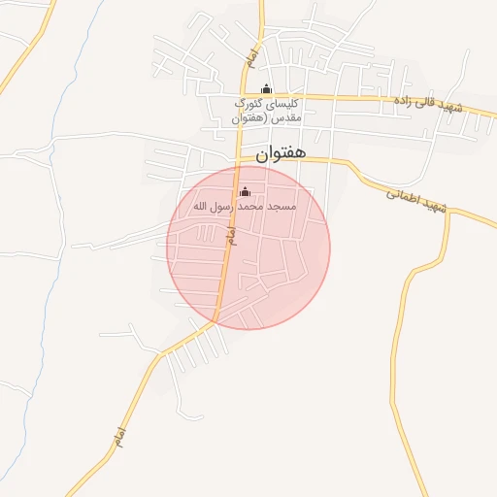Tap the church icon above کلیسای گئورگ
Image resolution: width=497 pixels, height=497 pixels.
(x=267, y=89)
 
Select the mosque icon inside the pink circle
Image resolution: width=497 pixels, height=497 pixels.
(x=245, y=190)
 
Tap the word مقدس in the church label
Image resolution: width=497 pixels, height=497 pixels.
(x=288, y=117)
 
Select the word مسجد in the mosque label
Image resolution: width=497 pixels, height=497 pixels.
(x=285, y=206)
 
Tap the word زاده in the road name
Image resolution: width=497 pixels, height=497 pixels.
(x=404, y=100)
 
